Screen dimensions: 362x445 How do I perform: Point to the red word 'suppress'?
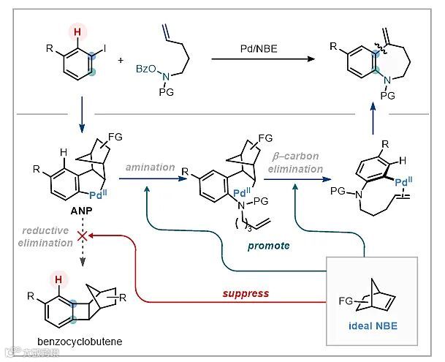[x=246, y=293]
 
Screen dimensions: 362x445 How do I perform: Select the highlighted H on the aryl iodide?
[x=77, y=30]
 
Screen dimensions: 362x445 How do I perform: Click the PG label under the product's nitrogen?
[x=389, y=96]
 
